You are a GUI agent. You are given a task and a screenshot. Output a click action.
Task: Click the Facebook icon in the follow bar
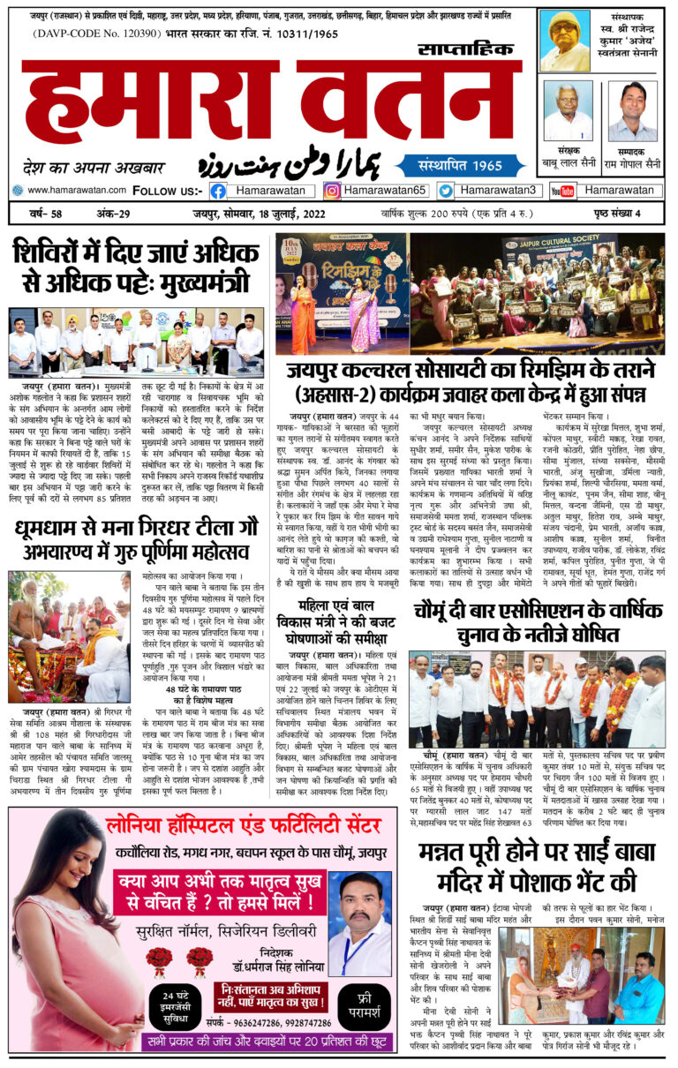pyautogui.click(x=218, y=191)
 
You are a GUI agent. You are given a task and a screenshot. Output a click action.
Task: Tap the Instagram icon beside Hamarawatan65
pyautogui.click(x=332, y=191)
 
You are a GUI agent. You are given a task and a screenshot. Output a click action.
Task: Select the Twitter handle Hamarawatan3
pyautogui.click(x=498, y=191)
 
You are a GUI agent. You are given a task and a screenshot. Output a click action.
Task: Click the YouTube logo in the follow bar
pyautogui.click(x=562, y=191)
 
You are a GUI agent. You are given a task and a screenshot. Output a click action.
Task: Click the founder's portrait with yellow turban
pyautogui.click(x=565, y=41)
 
